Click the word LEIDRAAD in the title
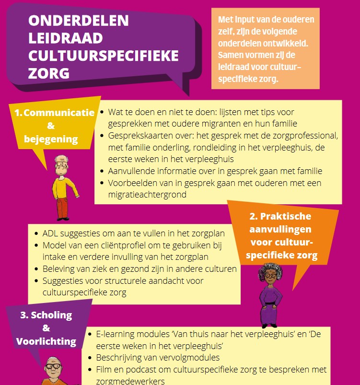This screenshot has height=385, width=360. [64, 38]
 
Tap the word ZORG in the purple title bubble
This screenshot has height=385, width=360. [49, 73]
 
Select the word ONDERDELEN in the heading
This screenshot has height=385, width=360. [79, 21]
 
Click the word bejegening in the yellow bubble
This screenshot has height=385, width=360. [51, 140]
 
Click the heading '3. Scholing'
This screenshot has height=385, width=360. [46, 315]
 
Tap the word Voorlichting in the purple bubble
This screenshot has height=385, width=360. [46, 341]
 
